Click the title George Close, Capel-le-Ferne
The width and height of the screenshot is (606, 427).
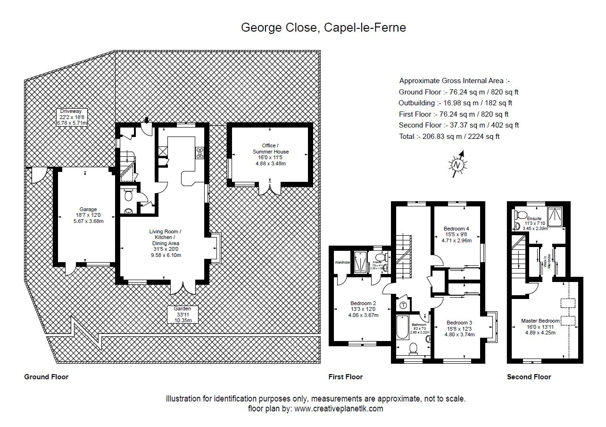(324, 27)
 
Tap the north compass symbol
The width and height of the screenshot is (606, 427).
(457, 164)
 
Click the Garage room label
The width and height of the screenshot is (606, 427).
(88, 215)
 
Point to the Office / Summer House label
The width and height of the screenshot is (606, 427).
(270, 154)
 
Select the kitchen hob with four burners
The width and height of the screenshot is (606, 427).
(199, 152)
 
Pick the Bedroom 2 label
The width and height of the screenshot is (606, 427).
(363, 309)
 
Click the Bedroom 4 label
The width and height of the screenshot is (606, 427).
(456, 234)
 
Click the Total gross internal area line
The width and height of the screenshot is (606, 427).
(448, 137)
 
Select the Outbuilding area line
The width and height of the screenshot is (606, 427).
(455, 103)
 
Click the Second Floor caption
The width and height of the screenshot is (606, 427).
(529, 377)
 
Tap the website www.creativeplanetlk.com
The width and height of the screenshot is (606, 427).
(339, 409)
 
